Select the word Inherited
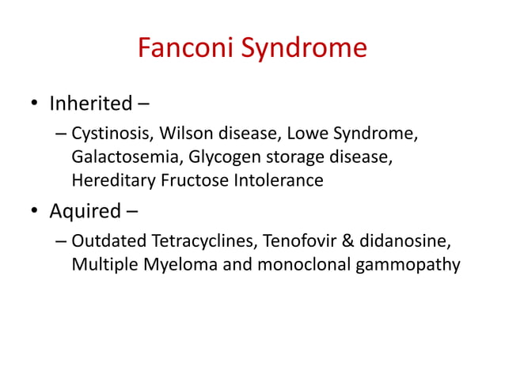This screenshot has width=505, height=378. [x=90, y=104]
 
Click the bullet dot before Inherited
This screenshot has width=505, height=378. [x=33, y=105]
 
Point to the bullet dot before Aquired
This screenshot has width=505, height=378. [x=33, y=213]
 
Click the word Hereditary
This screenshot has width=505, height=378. [x=113, y=181]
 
